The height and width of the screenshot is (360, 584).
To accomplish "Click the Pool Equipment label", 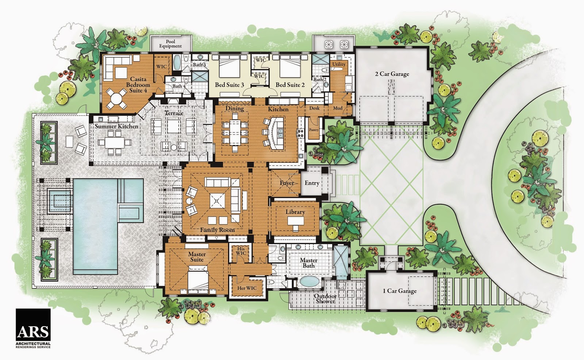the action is [170, 44].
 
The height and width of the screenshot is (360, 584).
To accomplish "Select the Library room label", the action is [295, 212].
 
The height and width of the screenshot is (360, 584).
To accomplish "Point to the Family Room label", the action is [218, 230].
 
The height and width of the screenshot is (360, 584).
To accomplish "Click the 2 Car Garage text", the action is [392, 74].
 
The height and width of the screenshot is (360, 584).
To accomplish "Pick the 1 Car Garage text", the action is [400, 291].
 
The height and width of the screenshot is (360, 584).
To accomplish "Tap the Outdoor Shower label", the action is [325, 299].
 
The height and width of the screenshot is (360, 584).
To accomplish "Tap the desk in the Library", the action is [296, 221].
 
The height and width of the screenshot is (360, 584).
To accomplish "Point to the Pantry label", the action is [314, 130].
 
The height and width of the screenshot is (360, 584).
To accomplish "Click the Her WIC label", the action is [247, 288].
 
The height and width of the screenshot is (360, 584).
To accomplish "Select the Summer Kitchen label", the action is [116, 126].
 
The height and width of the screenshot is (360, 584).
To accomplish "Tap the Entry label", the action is [312, 183].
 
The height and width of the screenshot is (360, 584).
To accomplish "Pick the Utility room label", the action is [339, 64].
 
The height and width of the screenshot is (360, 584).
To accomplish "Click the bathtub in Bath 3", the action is [177, 63].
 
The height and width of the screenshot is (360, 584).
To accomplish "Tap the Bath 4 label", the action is [179, 86].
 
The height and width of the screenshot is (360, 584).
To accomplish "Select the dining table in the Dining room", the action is [235, 132].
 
